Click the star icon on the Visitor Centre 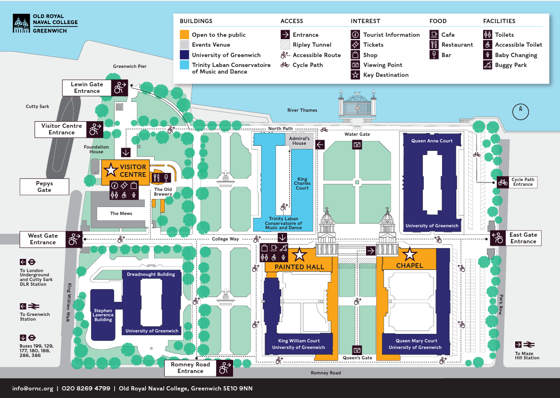coord(111,169)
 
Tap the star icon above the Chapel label coord(410,254)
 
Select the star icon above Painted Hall coord(300,256)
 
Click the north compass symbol coord(521,111)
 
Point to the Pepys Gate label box coord(44,187)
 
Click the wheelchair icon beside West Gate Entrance coord(74,239)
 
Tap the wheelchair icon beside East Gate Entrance coord(497,238)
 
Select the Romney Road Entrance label coord(190,368)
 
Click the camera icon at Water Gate coord(358,144)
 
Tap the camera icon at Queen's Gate coord(358,349)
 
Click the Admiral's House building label coord(299,141)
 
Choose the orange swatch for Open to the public coord(184,35)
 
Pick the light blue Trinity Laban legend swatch coord(184,65)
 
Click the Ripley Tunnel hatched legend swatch coord(285,45)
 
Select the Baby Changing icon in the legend coord(488,55)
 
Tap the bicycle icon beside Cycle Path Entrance coord(503,182)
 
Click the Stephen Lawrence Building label coord(103,315)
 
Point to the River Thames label coord(302,110)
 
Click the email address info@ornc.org coord(33,389)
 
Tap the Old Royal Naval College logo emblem coord(21,24)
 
